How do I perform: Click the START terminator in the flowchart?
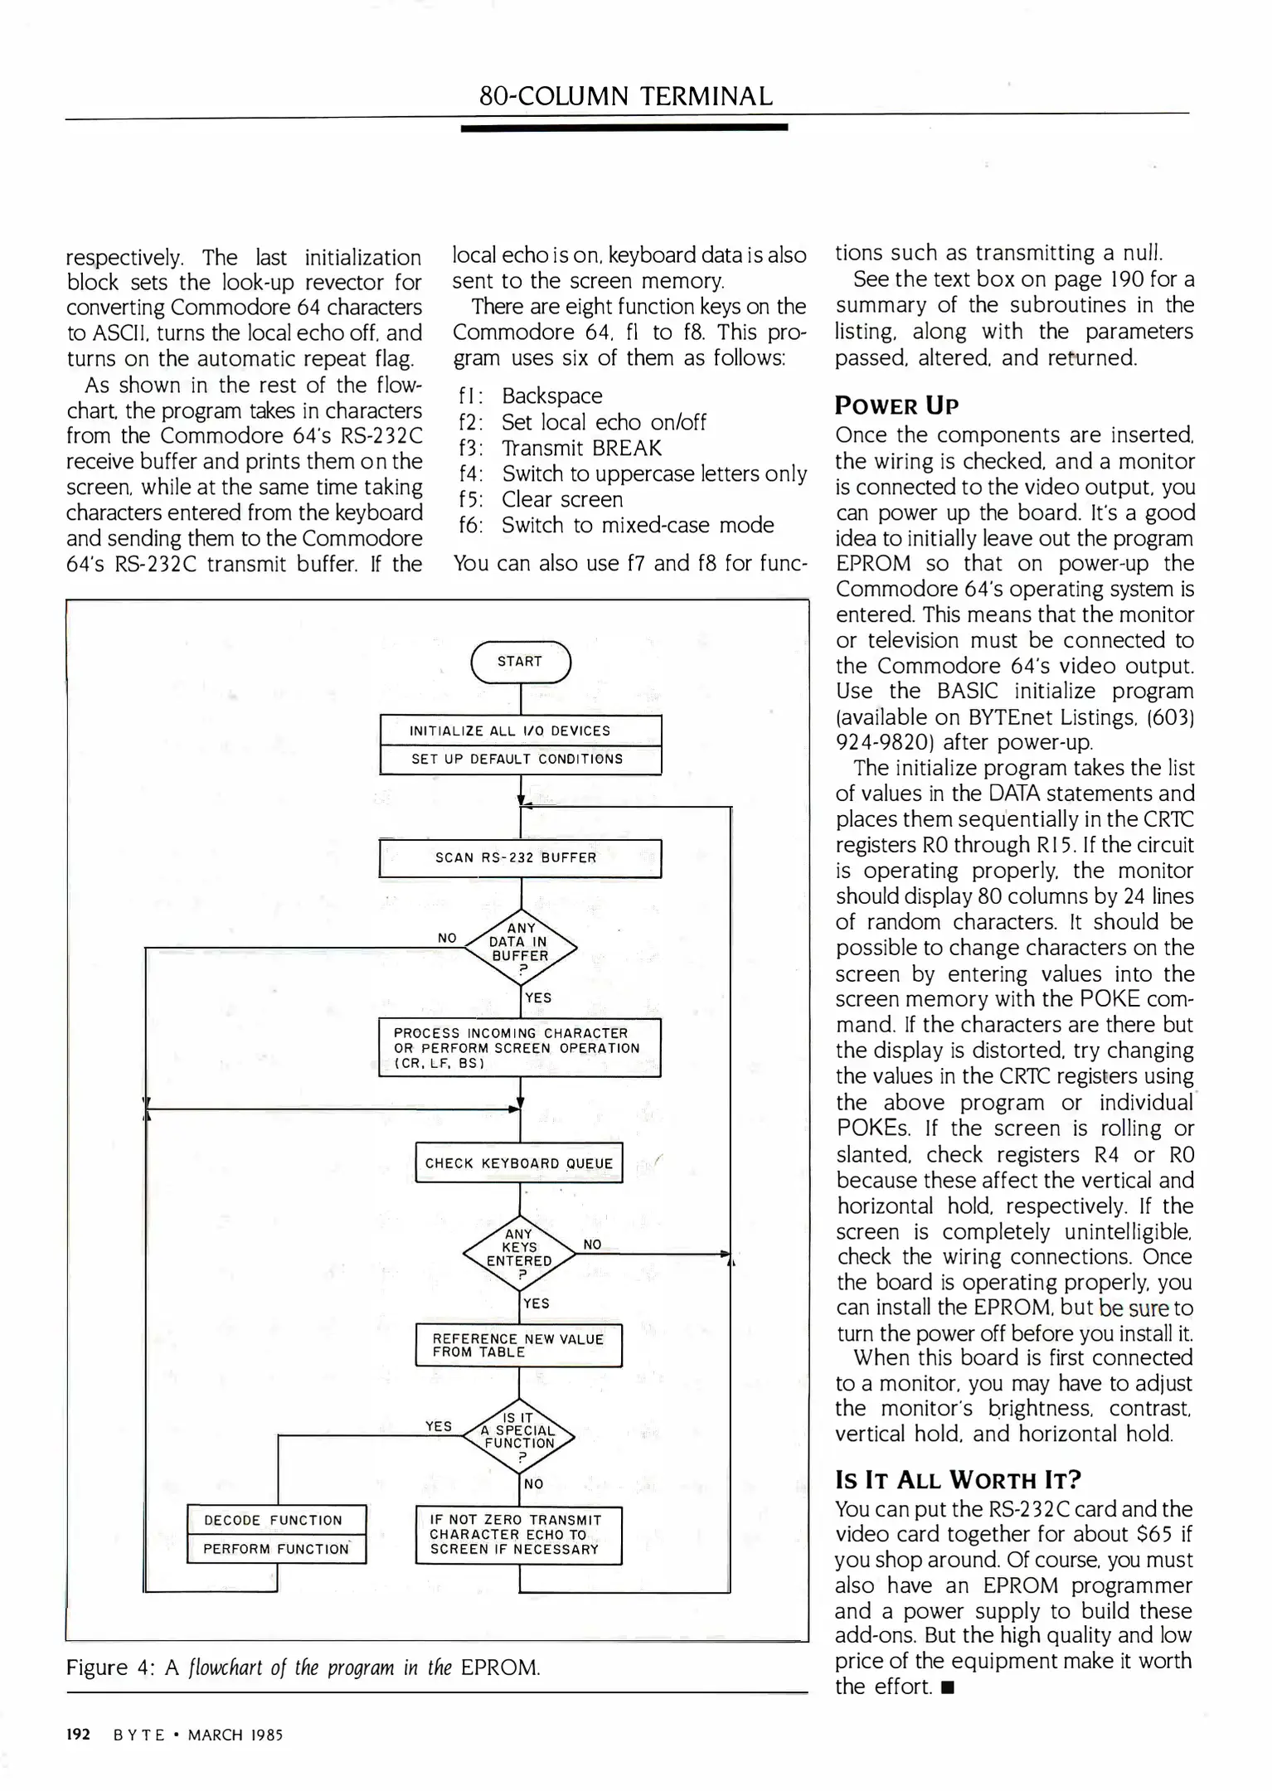coord(520,662)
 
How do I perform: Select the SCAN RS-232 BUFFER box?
coord(520,858)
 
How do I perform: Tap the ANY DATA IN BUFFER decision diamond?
coord(520,946)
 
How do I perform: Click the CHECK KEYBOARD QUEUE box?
coord(518,1163)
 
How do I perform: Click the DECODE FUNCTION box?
coord(275,1520)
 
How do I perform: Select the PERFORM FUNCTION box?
coord(275,1549)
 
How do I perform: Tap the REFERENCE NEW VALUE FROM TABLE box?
coord(518,1345)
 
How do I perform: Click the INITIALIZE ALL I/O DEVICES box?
coord(520,730)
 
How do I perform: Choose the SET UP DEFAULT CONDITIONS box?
coord(520,760)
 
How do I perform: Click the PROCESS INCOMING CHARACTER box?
coord(519,1047)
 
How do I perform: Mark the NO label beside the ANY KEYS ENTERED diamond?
coord(592,1245)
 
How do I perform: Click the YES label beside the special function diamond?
coord(439,1426)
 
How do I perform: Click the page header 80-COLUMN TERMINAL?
coord(626,96)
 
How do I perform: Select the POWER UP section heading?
coord(896,406)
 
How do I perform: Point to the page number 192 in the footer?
coord(78,1735)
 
